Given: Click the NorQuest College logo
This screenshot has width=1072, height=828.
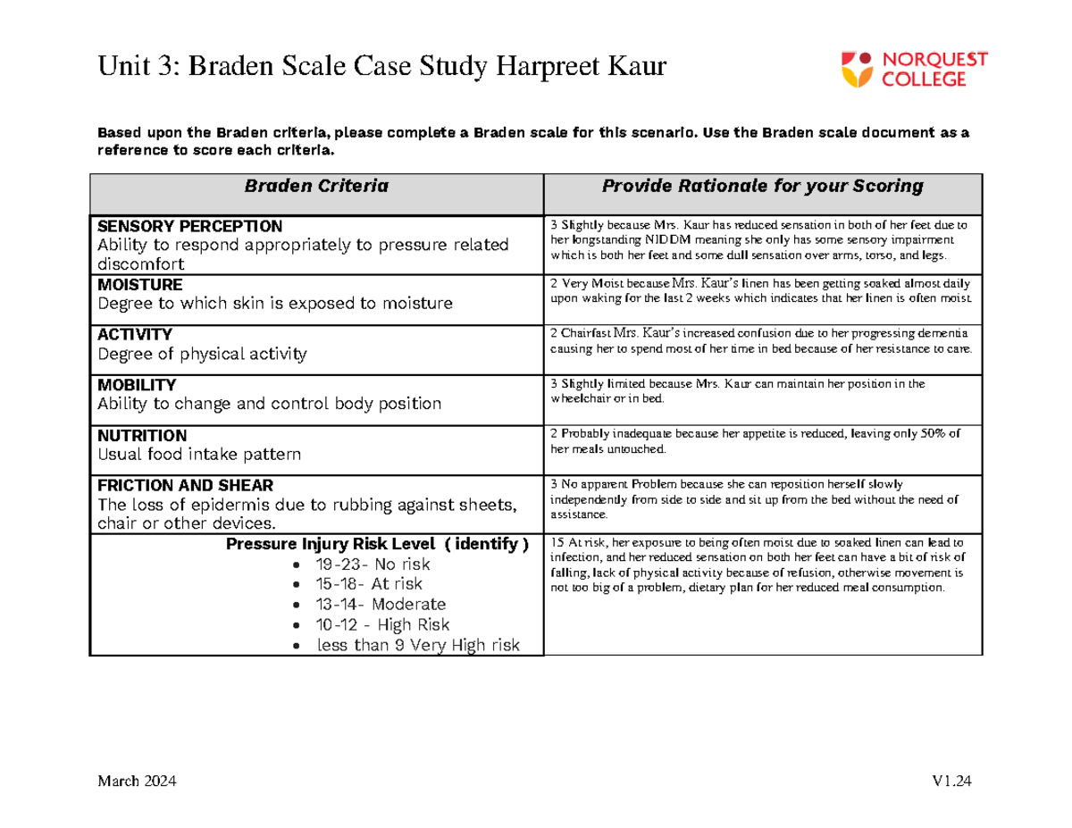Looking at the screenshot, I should click(903, 70).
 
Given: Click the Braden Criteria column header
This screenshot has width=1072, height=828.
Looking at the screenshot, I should click(316, 187).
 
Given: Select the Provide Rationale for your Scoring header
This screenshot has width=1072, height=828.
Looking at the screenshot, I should click(762, 187).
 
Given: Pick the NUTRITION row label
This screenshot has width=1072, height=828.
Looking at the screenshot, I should click(142, 436).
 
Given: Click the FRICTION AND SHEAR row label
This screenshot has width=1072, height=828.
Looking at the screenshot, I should click(174, 487).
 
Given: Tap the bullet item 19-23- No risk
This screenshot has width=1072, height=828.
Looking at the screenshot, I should click(373, 565).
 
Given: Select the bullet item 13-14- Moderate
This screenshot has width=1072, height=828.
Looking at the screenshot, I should click(381, 605).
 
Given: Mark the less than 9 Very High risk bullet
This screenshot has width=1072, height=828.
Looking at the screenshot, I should click(417, 645).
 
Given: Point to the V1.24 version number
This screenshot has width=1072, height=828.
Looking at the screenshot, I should click(950, 782).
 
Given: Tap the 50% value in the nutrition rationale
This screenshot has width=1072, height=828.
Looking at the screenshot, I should click(929, 434).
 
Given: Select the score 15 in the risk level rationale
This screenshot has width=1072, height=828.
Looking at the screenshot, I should click(557, 542).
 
